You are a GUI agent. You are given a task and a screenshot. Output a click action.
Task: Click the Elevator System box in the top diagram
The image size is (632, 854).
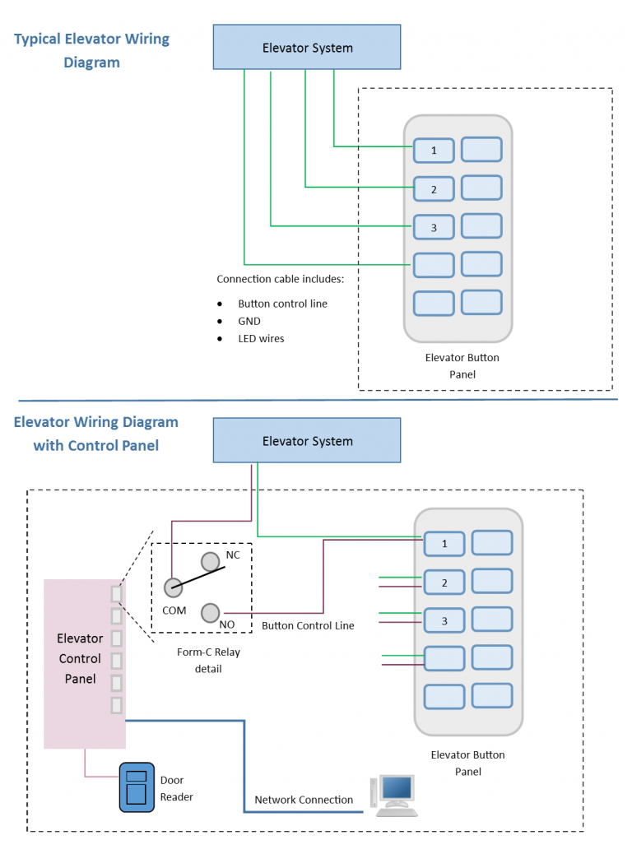[x=307, y=48]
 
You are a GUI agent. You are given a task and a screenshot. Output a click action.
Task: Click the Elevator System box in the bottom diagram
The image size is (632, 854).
[x=307, y=441]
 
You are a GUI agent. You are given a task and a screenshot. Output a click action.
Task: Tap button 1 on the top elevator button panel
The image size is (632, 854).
[x=433, y=151]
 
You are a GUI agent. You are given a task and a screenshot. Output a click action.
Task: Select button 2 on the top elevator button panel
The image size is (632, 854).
[x=433, y=189]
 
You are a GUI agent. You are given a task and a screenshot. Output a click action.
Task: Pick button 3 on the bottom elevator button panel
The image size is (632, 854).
[x=444, y=620]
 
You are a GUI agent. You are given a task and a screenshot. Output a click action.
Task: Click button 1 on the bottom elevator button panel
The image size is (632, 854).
[x=444, y=544]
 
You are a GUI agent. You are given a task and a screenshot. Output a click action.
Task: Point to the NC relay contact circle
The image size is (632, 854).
[x=211, y=561]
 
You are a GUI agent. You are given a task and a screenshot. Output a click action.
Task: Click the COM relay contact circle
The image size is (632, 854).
[x=173, y=587]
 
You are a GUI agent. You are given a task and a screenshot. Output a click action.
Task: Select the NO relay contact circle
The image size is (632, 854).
[x=211, y=613]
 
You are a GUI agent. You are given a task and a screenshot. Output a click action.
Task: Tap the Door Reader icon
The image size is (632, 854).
[x=137, y=787]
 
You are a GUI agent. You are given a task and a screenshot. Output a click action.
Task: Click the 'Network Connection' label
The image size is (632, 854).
[x=304, y=800]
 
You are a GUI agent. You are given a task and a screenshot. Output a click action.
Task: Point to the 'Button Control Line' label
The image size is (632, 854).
[x=308, y=626]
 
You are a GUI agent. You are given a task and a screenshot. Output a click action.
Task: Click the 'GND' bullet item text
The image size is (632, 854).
[x=249, y=321]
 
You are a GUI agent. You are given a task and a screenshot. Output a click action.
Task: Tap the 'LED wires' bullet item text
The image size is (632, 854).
[x=261, y=338]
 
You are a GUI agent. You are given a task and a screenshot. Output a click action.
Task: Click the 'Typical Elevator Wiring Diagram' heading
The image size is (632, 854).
[x=91, y=50]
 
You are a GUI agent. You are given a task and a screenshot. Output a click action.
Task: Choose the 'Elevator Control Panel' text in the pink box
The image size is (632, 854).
[x=80, y=658]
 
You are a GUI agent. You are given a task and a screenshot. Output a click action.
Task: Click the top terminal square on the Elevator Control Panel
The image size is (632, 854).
[x=117, y=592]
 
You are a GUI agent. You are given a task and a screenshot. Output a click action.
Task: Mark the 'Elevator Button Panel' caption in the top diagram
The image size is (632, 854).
[x=462, y=366]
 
